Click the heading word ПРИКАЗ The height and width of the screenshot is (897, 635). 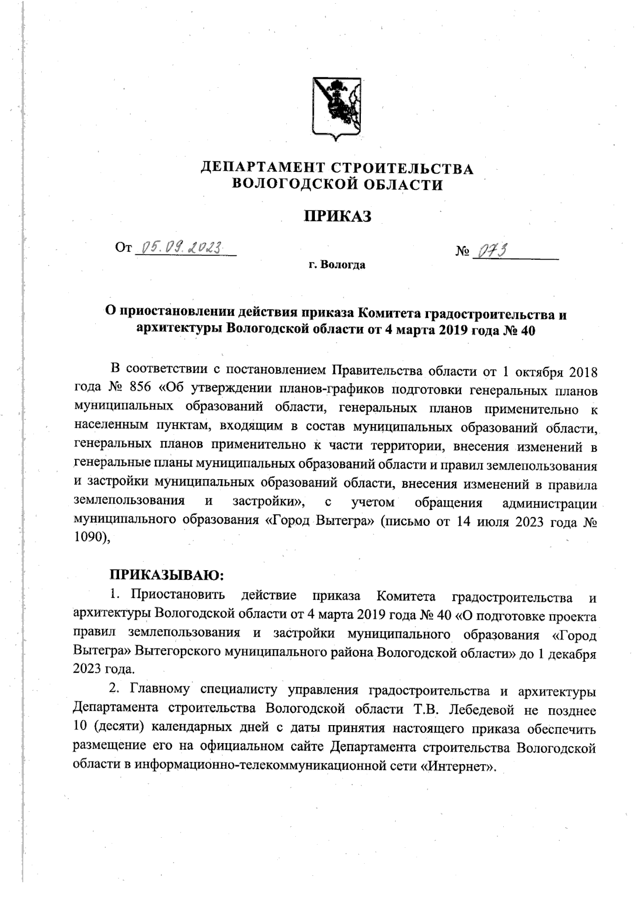[337, 216]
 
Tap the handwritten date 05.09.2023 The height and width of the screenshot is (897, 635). [180, 248]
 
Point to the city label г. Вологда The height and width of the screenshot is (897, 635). [337, 265]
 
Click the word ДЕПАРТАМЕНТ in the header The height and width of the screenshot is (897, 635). [262, 169]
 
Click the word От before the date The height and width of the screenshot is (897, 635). [123, 248]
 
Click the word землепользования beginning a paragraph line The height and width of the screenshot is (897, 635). [129, 500]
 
